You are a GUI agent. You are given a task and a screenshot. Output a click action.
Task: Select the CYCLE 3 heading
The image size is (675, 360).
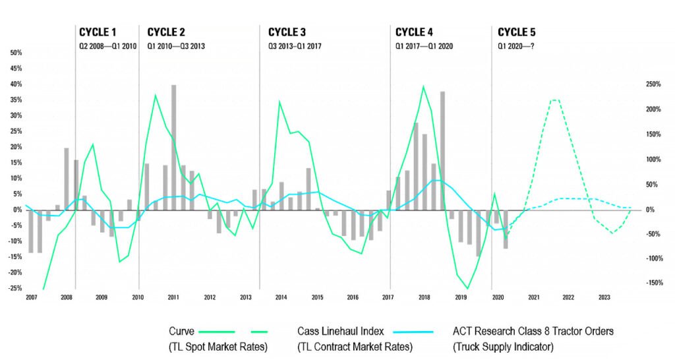coord(287,32)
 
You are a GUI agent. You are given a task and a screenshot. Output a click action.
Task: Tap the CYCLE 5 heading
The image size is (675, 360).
coord(517,32)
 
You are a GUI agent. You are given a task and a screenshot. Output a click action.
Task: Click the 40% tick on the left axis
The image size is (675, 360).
coord(15,84)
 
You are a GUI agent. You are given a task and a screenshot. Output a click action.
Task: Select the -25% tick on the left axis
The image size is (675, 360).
coord(14,288)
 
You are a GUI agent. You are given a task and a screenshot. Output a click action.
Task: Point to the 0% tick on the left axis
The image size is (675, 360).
coord(17,210)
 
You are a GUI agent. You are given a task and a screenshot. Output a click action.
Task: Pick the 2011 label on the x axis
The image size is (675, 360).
coord(173,298)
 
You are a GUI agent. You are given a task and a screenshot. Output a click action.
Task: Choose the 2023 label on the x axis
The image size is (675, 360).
coord(604,298)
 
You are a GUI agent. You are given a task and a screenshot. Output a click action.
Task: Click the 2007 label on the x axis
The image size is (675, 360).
coord(31,298)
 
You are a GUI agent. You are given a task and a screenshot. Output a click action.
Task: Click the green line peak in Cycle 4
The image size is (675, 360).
coord(423,86)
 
